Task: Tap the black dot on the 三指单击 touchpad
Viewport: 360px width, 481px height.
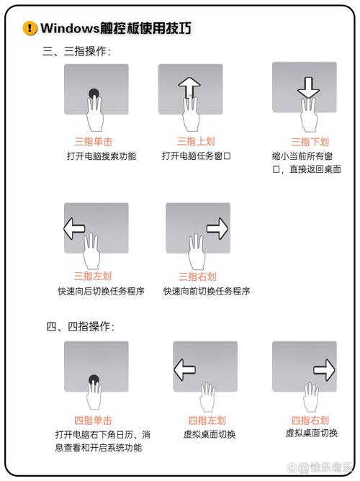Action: (94, 94)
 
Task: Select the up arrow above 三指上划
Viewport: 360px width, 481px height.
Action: (189, 86)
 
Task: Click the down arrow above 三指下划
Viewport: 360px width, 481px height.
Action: (308, 87)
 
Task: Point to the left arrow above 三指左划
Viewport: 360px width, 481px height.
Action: (74, 230)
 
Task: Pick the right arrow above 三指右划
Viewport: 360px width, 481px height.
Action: (217, 230)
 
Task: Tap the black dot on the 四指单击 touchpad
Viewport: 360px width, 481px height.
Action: (94, 379)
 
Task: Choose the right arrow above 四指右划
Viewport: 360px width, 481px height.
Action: (325, 370)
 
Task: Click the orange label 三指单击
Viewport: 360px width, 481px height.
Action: (94, 141)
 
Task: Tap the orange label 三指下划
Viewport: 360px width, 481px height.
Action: (310, 142)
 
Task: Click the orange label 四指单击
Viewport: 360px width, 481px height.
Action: (94, 420)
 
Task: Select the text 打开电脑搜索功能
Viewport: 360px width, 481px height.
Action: (102, 156)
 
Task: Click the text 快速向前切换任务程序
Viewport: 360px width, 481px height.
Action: (207, 291)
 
